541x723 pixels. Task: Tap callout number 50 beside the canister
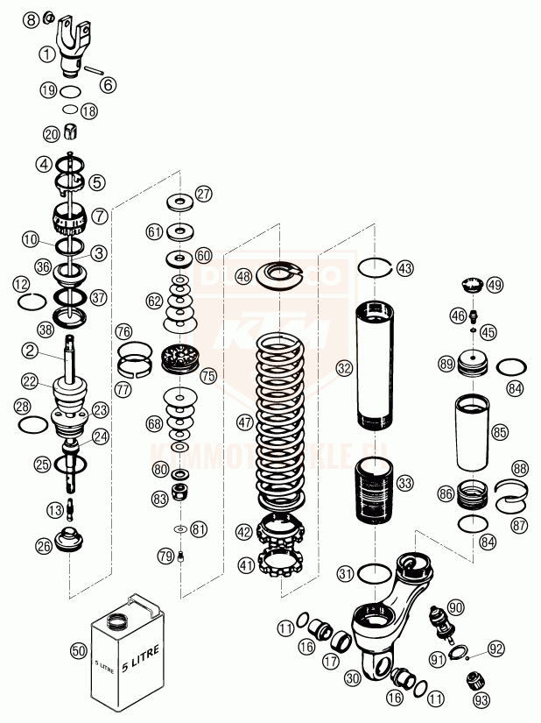tap(79, 651)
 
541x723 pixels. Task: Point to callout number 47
tap(243, 422)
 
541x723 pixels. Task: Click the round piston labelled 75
tap(182, 362)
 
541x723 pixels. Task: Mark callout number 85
tap(500, 432)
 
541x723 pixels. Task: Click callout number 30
tap(354, 677)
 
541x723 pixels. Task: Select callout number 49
tap(495, 285)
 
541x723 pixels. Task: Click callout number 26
tap(44, 545)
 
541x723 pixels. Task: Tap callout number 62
tap(154, 301)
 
